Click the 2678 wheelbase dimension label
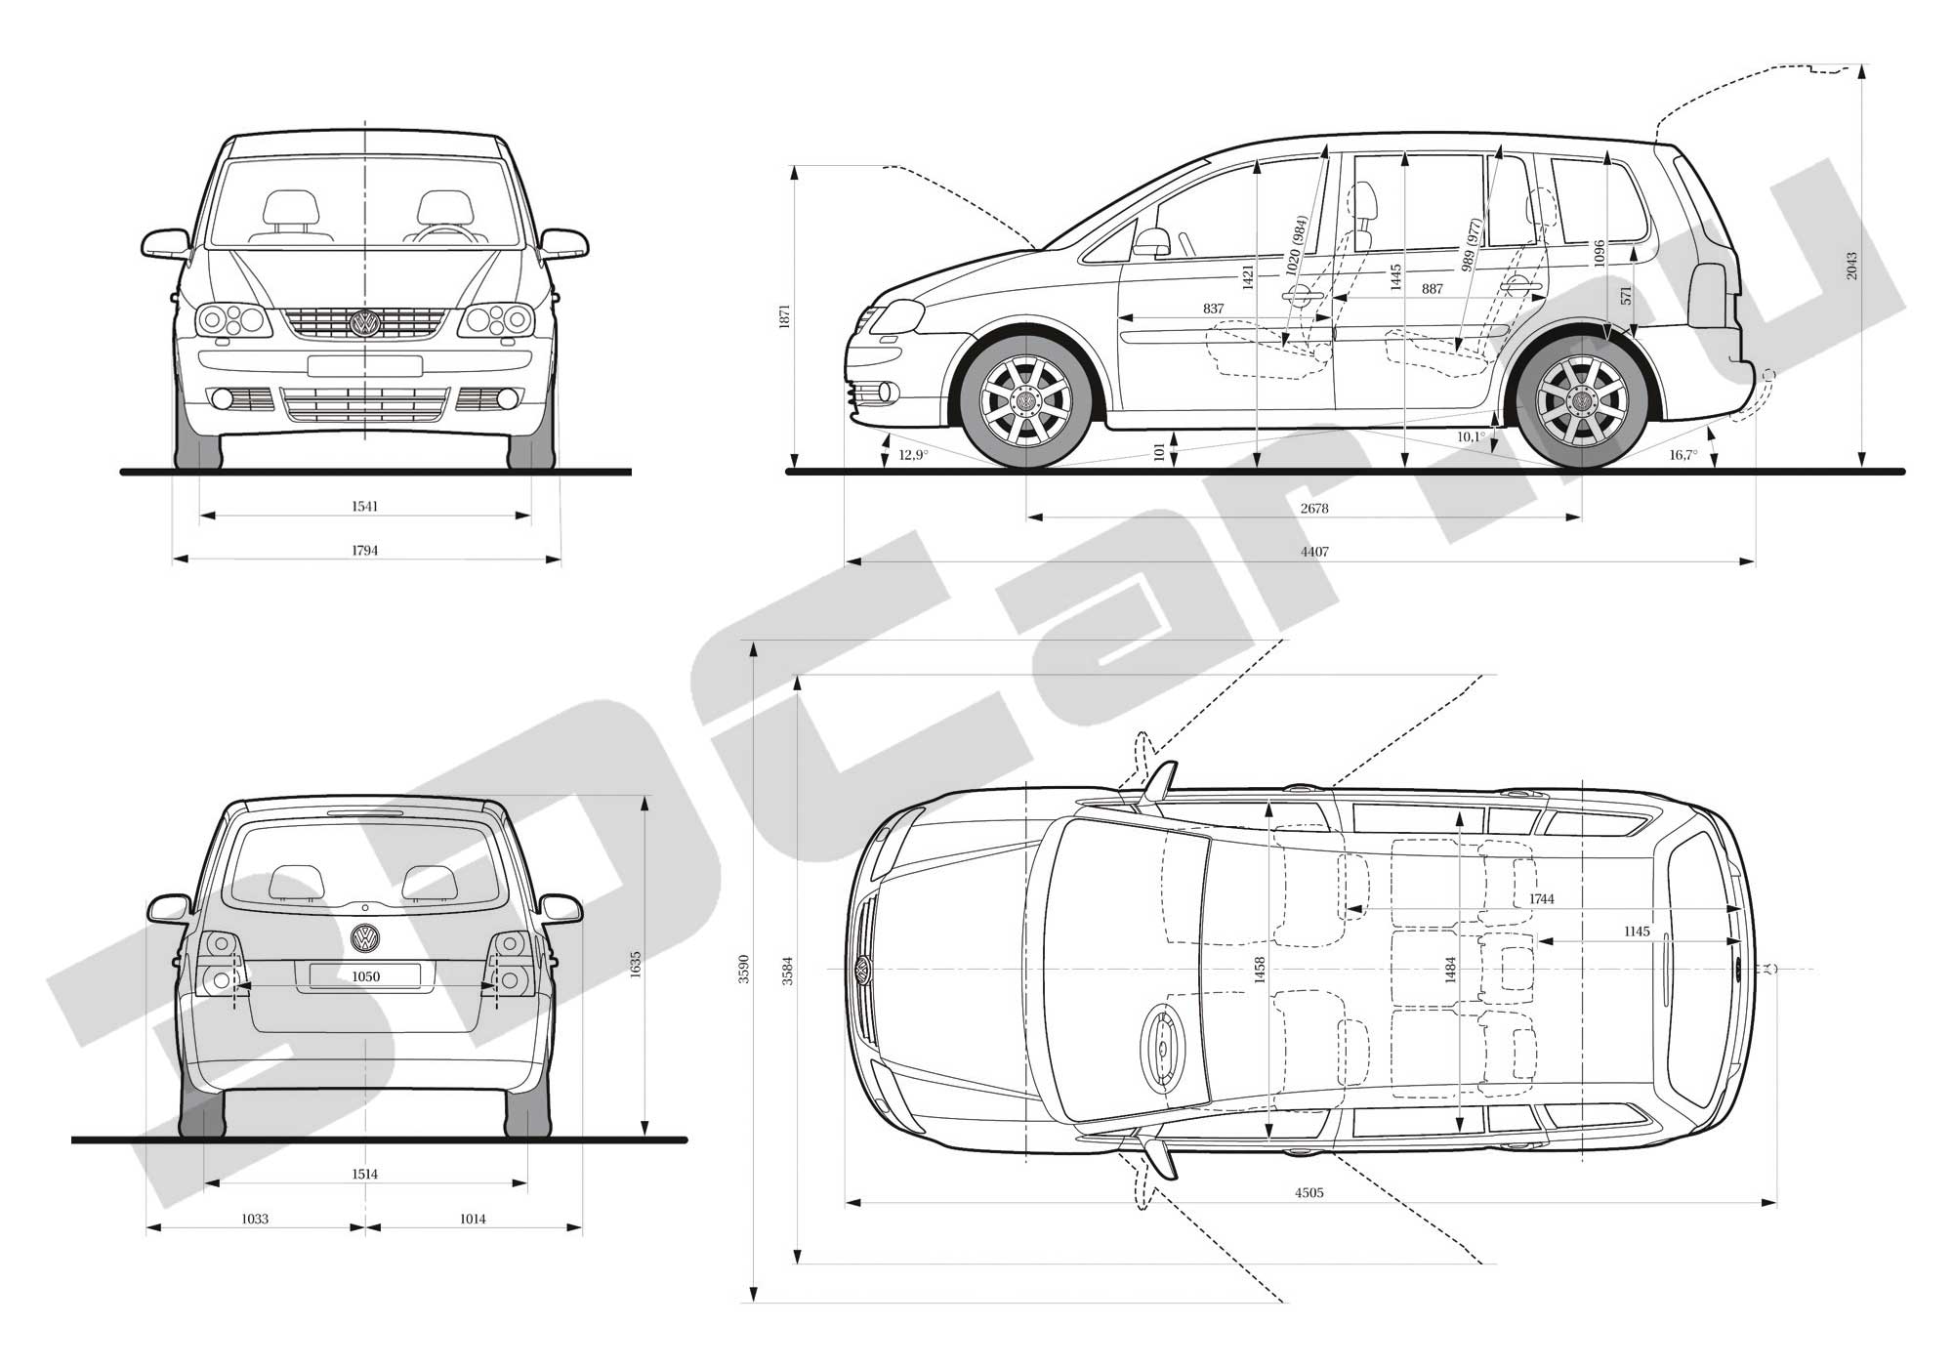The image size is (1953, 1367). [x=1314, y=508]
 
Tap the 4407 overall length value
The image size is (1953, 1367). [x=1314, y=552]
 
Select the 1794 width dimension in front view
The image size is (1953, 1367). [x=364, y=551]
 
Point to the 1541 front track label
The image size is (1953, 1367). [x=364, y=507]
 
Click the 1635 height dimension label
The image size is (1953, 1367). [x=636, y=966]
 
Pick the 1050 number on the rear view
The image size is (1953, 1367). [x=365, y=976]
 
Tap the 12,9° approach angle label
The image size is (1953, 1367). [x=913, y=455]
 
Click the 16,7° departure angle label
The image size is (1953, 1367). [x=1683, y=455]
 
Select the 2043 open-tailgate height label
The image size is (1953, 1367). [x=1851, y=266]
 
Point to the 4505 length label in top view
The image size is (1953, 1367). [x=1309, y=1192]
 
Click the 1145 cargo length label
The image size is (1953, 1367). [x=1637, y=932]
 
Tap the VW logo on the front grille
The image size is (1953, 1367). [x=365, y=323]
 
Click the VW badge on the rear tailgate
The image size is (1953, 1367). [x=365, y=937]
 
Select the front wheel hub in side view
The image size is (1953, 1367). [x=1026, y=401]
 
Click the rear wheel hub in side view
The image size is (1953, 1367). [x=1581, y=401]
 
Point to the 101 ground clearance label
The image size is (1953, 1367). [x=1159, y=452]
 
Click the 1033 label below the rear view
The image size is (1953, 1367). [x=255, y=1219]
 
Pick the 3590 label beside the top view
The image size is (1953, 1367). [x=744, y=969]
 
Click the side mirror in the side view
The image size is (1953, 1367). [x=1152, y=242]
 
